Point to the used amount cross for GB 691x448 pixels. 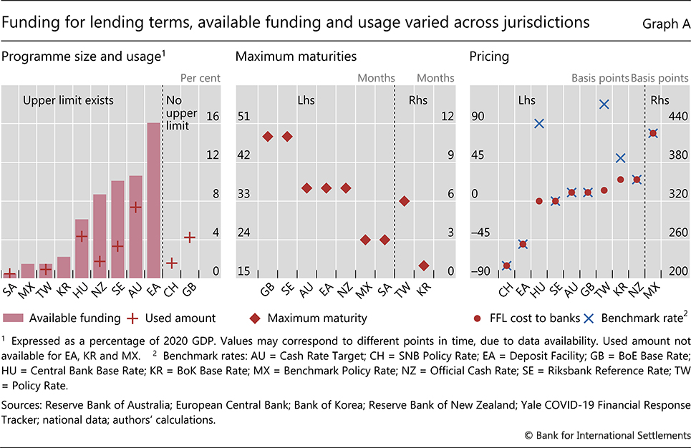pos(190,237)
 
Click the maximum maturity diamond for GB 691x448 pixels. pos(267,136)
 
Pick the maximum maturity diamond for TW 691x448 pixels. pos(404,201)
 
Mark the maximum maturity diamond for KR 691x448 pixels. pos(423,266)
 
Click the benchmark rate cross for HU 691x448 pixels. pos(539,124)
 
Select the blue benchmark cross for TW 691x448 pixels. pos(604,104)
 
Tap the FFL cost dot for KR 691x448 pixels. pos(620,180)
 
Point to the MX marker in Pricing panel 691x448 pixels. pos(652,133)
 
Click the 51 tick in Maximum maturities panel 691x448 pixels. pos(243,116)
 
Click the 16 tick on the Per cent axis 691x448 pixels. pos(213,116)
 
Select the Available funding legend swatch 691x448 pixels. pos(15,318)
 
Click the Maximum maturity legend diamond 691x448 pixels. pos(255,318)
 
